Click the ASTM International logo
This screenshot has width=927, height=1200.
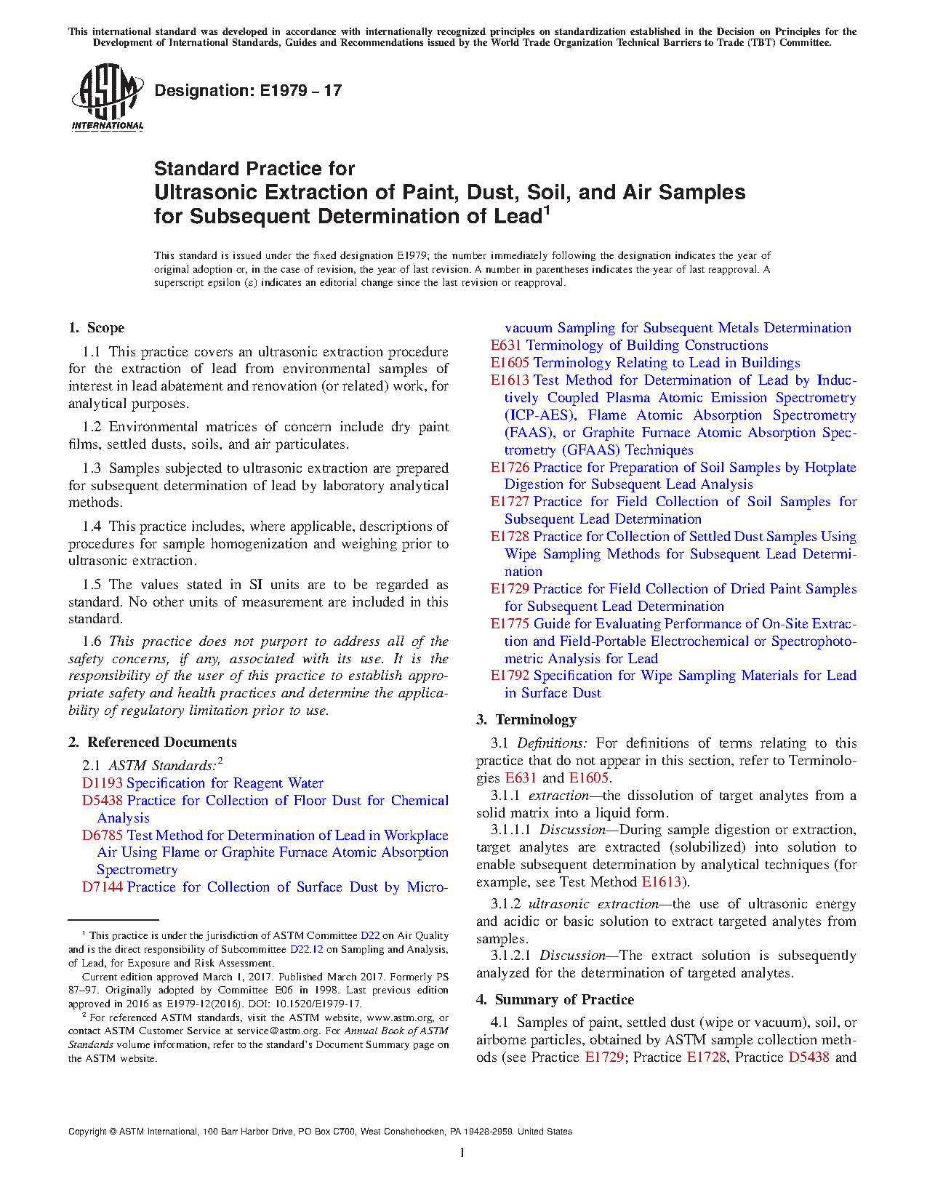(107, 97)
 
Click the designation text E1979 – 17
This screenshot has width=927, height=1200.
(248, 91)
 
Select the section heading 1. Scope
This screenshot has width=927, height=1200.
(97, 328)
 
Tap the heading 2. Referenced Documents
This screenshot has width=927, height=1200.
(152, 742)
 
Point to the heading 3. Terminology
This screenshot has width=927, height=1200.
(526, 719)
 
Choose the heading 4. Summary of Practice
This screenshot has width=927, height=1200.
(555, 999)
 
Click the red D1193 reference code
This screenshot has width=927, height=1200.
(103, 783)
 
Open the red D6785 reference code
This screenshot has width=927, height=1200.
(103, 836)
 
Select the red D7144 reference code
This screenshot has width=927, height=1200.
(103, 887)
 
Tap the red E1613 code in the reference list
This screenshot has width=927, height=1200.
(510, 380)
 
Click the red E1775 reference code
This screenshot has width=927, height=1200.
(510, 624)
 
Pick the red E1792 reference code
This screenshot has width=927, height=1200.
(510, 676)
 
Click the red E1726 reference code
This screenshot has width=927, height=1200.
(510, 468)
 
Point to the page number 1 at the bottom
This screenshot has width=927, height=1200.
(462, 1152)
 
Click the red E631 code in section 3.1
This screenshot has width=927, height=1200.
(521, 778)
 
